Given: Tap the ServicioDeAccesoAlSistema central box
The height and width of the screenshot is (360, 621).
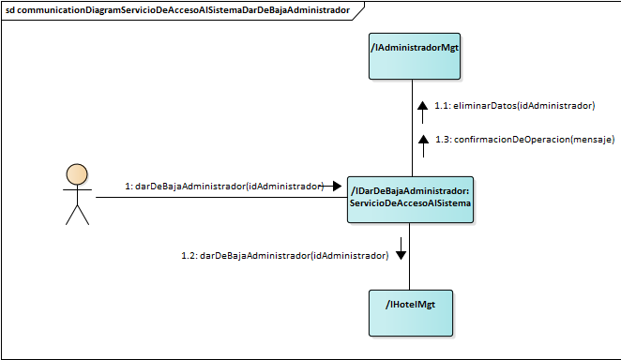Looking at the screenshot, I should tap(411, 200).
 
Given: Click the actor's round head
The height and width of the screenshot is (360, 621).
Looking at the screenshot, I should tap(76, 175).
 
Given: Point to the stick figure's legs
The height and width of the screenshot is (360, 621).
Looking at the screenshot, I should tap(76, 215).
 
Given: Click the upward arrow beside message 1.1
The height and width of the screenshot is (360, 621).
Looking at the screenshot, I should tap(422, 108).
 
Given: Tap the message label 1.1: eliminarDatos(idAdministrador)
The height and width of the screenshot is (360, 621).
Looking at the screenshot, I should tap(514, 107).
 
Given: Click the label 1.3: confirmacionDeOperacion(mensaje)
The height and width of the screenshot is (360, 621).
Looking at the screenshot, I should tap(524, 140).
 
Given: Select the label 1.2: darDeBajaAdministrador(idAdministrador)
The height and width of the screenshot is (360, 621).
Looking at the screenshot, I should tap(284, 255).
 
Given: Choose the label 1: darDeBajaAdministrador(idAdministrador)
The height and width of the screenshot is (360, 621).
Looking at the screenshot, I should tap(223, 187).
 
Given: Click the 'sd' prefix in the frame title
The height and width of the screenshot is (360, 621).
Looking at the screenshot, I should tap(11, 10).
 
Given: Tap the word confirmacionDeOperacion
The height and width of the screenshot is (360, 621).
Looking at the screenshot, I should tap(511, 140).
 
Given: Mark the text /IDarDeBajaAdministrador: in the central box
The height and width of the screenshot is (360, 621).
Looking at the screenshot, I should tap(410, 191).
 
